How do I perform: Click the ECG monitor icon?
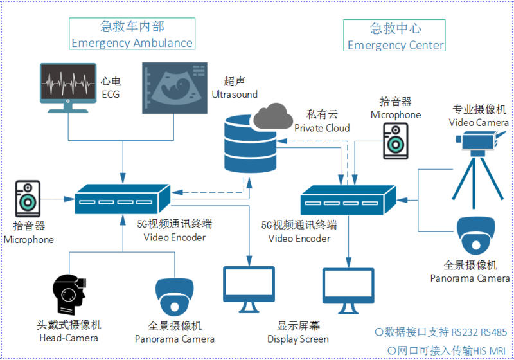(x=68, y=88)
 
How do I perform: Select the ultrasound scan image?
(x=174, y=88)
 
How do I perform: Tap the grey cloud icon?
(x=273, y=116)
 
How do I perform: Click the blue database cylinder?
(x=250, y=144)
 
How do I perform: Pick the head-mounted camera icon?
(x=69, y=294)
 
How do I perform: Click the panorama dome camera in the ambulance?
(x=174, y=297)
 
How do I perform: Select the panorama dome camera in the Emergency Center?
(x=476, y=235)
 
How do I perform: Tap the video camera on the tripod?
(x=479, y=169)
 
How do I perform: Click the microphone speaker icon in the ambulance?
(x=28, y=199)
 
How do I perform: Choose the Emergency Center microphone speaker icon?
(x=396, y=141)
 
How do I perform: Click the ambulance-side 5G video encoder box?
(x=123, y=199)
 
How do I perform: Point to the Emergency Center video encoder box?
(x=348, y=200)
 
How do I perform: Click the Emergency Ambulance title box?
(x=132, y=34)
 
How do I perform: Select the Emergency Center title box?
(x=394, y=35)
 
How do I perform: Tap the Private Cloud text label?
(x=322, y=128)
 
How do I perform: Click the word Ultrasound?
(x=235, y=94)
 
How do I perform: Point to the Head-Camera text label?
(x=69, y=338)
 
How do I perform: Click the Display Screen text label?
(x=298, y=339)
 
